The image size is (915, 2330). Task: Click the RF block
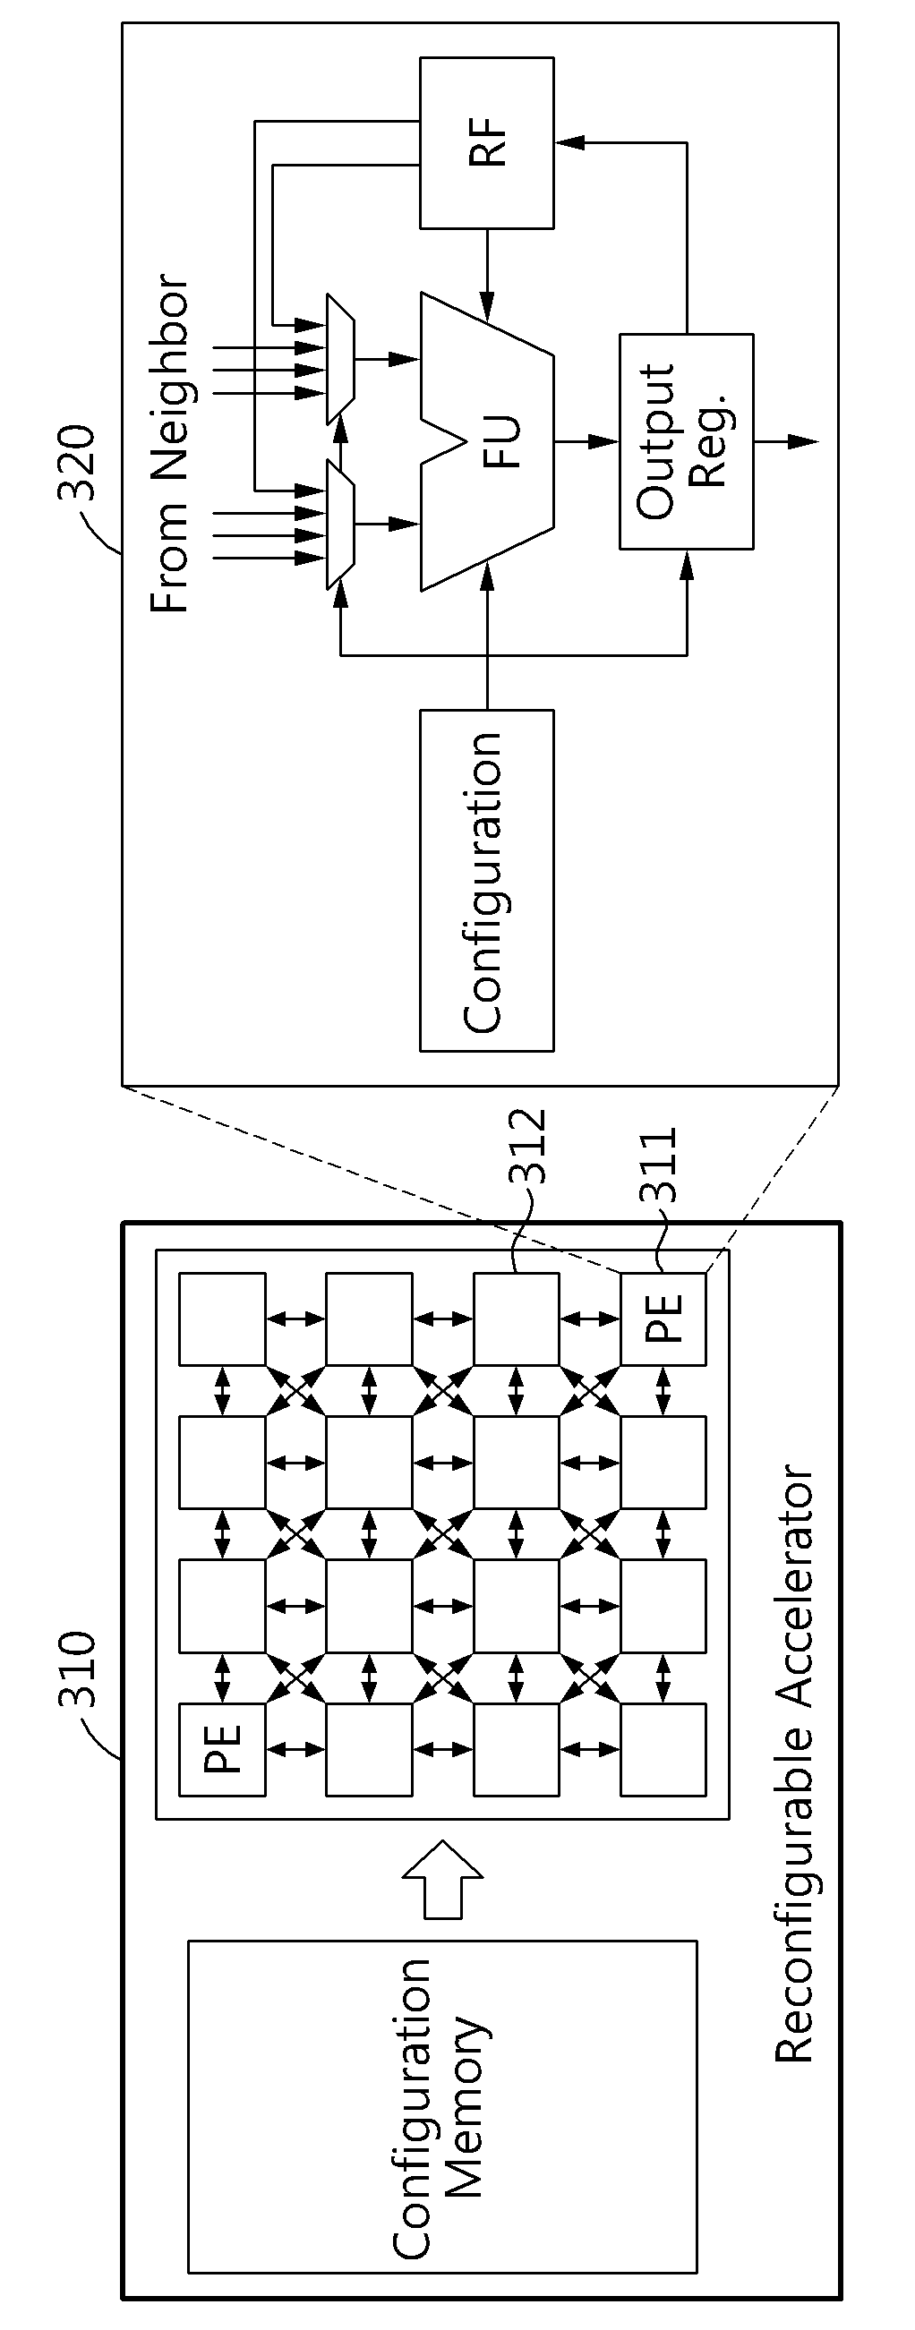tap(487, 142)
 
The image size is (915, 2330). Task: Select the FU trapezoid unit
tap(487, 441)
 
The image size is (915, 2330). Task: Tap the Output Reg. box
tap(686, 441)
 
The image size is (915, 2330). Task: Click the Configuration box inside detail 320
tap(487, 880)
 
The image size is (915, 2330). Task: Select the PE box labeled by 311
tap(663, 1319)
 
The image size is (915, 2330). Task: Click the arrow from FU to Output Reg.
tap(586, 441)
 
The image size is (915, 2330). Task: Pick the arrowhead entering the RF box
tap(569, 142)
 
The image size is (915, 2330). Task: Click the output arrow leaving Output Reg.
tap(785, 441)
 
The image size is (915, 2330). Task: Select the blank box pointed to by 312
tap(516, 1319)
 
